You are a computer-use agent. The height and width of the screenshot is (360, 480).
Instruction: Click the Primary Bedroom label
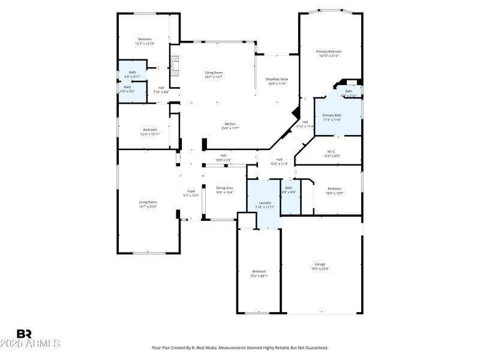pos(328,52)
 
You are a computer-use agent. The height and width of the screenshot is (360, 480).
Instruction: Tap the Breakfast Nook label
pos(277,79)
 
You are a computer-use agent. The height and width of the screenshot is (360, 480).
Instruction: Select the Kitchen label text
pos(230,124)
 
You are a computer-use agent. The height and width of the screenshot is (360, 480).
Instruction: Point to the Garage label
pos(320,264)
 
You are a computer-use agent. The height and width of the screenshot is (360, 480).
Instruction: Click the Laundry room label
pos(265,203)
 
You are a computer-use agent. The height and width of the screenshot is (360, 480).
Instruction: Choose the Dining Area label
pos(224,188)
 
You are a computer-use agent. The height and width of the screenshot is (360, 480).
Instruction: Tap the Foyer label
pos(190,191)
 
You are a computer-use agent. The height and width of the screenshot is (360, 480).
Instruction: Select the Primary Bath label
pos(332,115)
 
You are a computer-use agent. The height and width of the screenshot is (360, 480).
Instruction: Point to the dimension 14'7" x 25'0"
pos(148,206)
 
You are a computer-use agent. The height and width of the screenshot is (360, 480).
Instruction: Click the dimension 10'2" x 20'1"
pos(259,276)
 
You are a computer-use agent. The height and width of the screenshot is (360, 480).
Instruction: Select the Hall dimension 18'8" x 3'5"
pos(223,160)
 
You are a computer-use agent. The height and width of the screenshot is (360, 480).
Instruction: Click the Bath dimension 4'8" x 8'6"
pos(289,192)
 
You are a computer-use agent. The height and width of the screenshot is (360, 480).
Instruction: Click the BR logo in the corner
pos(25,333)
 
